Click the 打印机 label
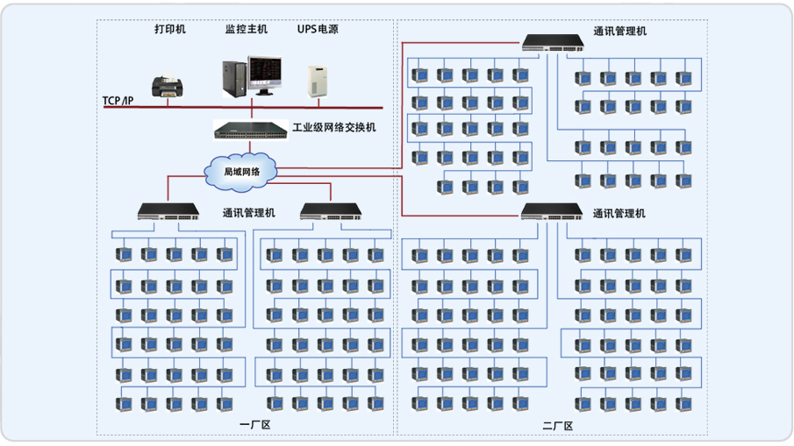point(170,29)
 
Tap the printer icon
point(168,86)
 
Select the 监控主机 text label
point(247,29)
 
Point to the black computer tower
point(234,78)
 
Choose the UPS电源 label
point(318,29)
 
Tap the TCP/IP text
point(118,102)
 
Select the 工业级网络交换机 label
point(334,128)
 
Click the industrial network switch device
point(252,131)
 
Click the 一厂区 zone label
point(255,425)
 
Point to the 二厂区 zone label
point(557,426)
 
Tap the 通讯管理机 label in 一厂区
point(249,213)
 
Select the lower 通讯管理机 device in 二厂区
point(553,211)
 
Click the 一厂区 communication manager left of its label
point(170,211)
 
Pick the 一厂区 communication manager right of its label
point(332,211)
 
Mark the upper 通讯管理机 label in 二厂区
point(619,32)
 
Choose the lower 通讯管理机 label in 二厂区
point(619,213)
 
